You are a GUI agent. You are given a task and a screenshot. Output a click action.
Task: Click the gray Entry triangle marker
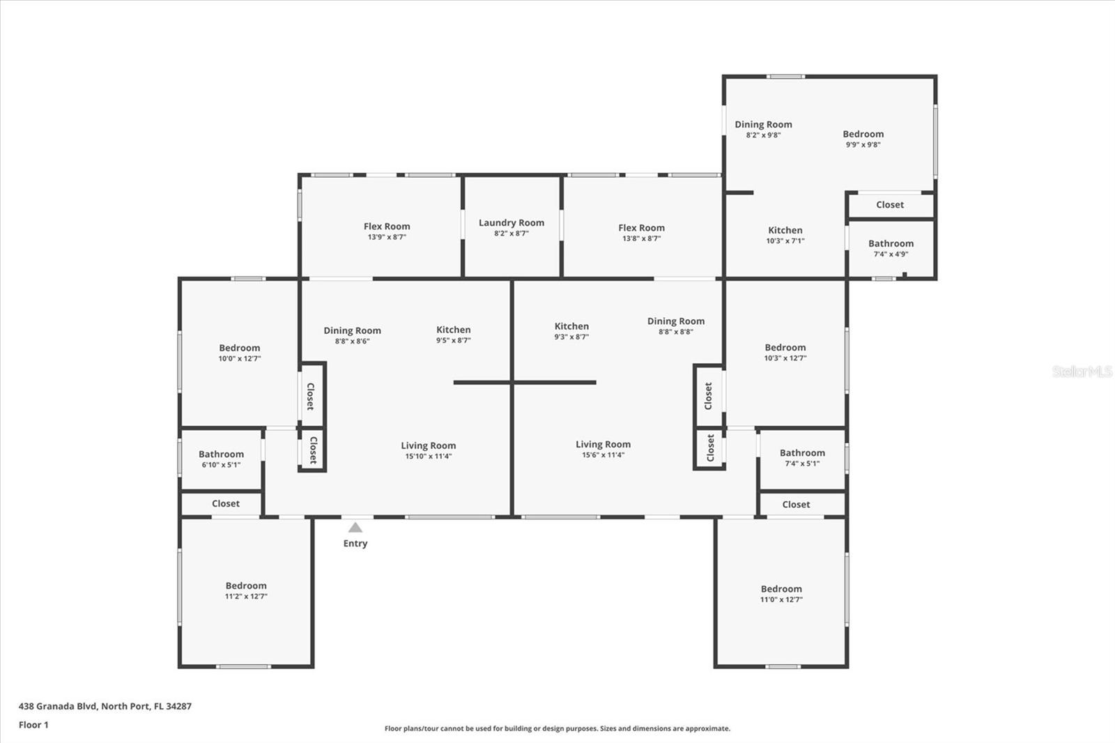coord(355,528)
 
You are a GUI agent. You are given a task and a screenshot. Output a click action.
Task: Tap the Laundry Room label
coord(512,223)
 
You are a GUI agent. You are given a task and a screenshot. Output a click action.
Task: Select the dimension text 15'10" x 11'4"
coord(428,457)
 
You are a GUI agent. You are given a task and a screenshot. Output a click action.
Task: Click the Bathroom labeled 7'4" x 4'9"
coord(891,244)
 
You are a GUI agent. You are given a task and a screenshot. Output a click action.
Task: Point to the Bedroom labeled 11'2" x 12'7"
coord(246,586)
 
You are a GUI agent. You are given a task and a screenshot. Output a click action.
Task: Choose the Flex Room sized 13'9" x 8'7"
coord(387,227)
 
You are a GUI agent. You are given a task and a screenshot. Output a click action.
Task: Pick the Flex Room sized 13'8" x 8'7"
coord(641,228)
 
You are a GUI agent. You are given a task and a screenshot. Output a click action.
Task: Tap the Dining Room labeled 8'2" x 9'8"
coord(763,125)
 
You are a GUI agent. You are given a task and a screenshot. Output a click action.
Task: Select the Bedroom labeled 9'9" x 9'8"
coord(863,135)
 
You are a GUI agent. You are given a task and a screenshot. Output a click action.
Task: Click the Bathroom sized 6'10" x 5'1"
coord(221,454)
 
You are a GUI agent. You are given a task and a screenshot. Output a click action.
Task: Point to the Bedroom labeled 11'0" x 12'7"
coord(781,589)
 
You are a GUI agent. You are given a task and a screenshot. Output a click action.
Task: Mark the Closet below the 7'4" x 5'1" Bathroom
coord(796,505)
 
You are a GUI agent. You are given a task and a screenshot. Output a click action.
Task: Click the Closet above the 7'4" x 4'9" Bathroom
coord(890,205)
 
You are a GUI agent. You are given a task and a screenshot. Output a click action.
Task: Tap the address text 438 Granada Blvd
coord(105,706)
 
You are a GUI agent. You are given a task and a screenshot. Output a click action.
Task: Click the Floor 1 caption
coord(33,725)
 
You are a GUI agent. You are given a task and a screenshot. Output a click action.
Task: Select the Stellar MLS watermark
coord(1082,371)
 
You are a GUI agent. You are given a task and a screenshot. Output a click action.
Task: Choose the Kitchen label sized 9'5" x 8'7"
coord(454,330)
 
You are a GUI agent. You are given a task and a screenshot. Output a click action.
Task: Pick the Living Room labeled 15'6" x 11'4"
coord(603,445)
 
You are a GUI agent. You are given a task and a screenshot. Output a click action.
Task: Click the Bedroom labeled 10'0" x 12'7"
coord(239,348)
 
